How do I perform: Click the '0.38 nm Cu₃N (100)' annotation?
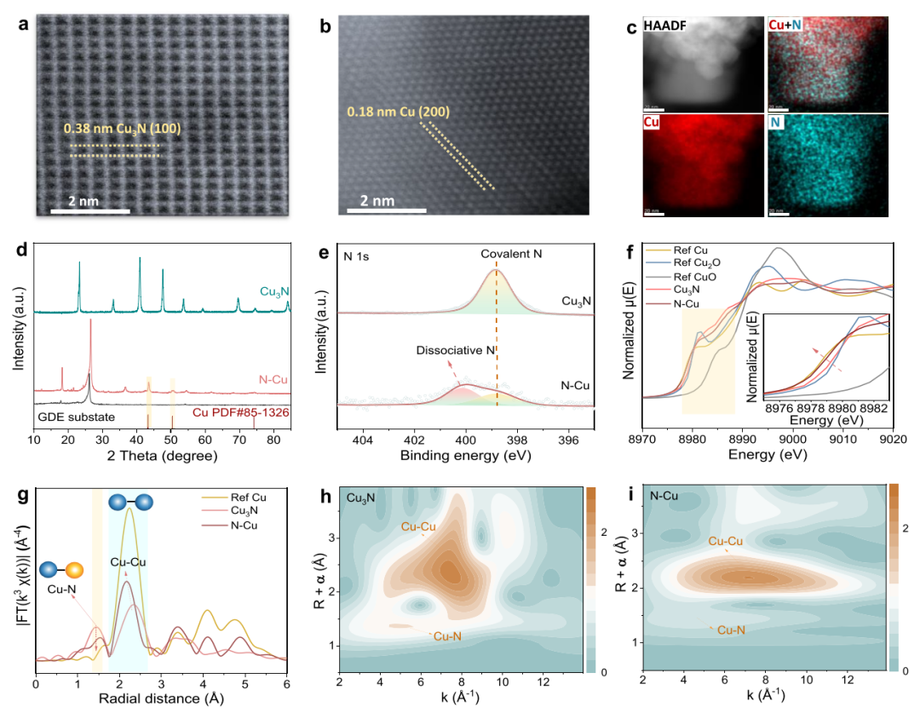pos(122,129)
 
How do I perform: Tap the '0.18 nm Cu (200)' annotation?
pos(398,112)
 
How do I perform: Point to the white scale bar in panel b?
pos(387,210)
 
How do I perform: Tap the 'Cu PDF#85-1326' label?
pos(240,417)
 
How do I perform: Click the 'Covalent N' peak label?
pos(512,253)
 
